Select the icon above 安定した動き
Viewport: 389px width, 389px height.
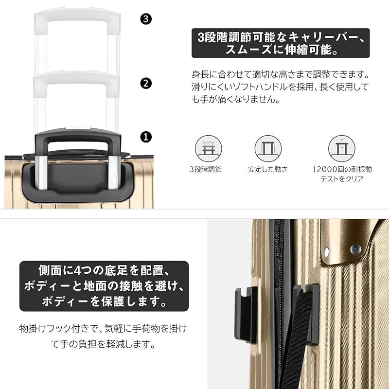point(268,148)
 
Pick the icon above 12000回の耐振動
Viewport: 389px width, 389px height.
point(341,148)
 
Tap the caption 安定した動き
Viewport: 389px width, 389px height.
point(268,170)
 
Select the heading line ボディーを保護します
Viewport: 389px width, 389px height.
point(104,301)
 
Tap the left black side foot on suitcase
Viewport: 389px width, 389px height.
point(246,314)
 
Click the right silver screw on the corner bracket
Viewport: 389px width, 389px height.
point(355,248)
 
